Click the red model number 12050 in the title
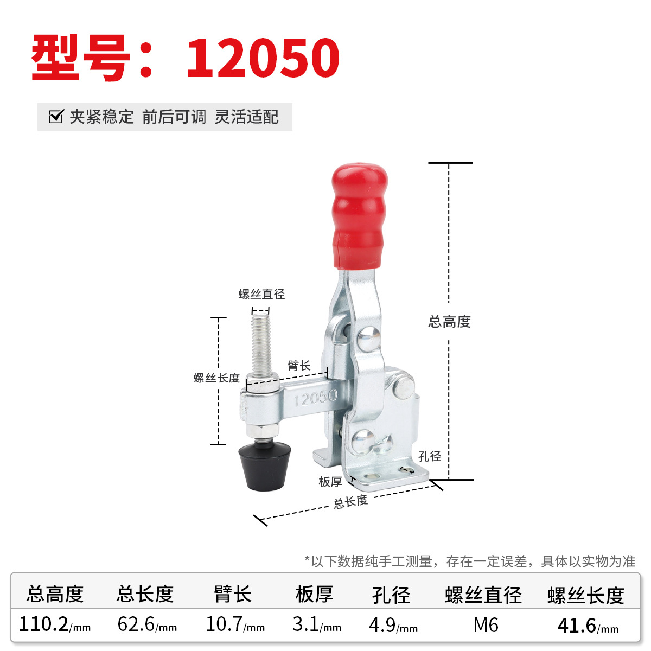pyautogui.click(x=263, y=58)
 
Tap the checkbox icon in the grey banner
pyautogui.click(x=56, y=117)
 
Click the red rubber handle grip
pyautogui.click(x=360, y=216)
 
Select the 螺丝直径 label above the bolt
pyautogui.click(x=261, y=294)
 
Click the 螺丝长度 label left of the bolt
pyautogui.click(x=216, y=378)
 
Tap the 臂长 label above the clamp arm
pyautogui.click(x=299, y=366)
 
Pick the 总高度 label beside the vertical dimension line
pyautogui.click(x=449, y=322)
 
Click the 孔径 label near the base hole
pyautogui.click(x=429, y=456)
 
